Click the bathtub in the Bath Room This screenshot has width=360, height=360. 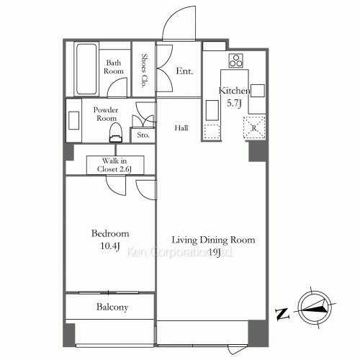[x=86, y=69]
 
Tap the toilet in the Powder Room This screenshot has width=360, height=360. [x=116, y=132]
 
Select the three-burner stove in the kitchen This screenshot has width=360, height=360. [x=235, y=60]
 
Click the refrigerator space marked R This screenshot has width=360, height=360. [x=254, y=127]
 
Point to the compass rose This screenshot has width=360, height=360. [x=314, y=307]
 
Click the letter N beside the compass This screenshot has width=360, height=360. [x=282, y=314]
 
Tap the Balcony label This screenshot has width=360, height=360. [x=112, y=307]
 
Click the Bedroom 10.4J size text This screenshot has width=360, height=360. [x=110, y=246]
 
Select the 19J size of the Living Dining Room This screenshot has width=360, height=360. [x=214, y=252]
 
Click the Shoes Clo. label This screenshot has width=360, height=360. [x=144, y=71]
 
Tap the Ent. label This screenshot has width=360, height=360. [x=184, y=71]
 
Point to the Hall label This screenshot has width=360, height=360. [x=181, y=128]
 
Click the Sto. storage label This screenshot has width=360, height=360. [x=143, y=135]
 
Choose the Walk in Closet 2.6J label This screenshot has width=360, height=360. [x=114, y=165]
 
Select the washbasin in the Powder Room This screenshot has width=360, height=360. [x=74, y=120]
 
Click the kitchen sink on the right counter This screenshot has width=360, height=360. [x=258, y=91]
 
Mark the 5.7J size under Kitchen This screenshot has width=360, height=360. [x=234, y=104]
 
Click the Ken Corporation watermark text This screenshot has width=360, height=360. [x=180, y=252]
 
